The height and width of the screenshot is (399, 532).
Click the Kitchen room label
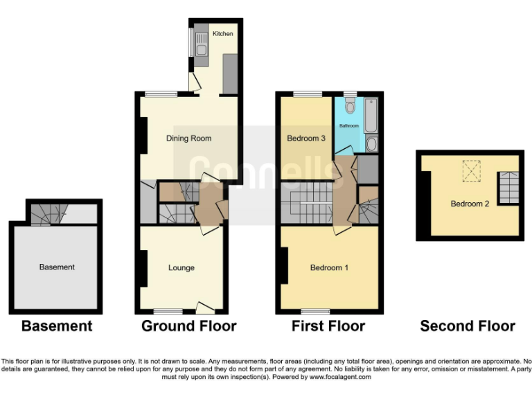222,33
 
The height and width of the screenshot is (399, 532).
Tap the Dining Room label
188,139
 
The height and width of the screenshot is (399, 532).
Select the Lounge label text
181,268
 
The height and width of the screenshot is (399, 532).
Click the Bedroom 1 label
329,268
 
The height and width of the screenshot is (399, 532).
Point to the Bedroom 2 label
470,204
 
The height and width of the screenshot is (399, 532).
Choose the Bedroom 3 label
306,139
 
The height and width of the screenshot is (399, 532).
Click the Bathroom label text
348,126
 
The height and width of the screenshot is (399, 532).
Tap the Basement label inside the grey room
57,267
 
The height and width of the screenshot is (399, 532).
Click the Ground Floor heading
189,326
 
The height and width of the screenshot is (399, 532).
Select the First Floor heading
329,326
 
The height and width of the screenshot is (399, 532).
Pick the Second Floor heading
468,326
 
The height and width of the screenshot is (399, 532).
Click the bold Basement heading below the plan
57,326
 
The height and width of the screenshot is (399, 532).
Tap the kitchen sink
199,48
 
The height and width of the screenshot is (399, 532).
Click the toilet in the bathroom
350,106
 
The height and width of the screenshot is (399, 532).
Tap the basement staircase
43,215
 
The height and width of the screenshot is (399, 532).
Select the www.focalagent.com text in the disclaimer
340,378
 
